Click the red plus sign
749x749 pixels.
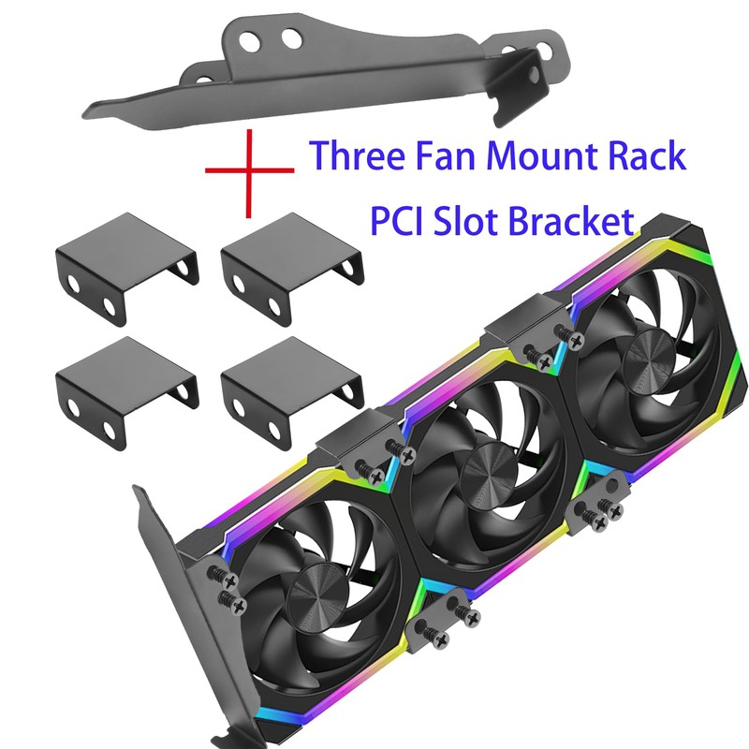(x=249, y=170)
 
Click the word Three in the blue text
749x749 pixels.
(x=359, y=155)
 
